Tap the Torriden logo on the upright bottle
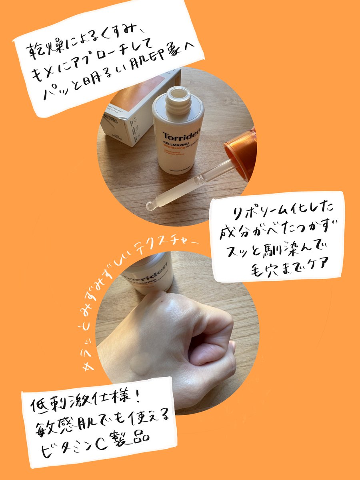178,136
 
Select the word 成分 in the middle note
232,232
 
